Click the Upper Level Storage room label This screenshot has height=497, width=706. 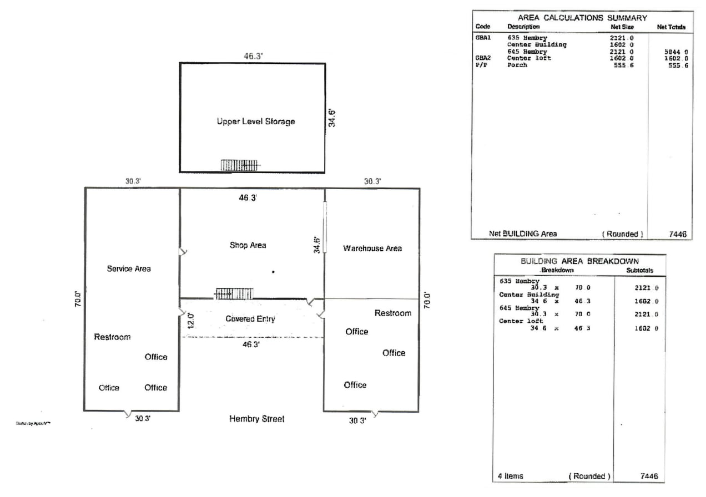pyautogui.click(x=255, y=121)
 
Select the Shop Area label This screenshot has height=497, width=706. pyautogui.click(x=248, y=245)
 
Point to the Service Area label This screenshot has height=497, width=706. pyautogui.click(x=128, y=268)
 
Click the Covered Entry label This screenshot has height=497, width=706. pyautogui.click(x=250, y=319)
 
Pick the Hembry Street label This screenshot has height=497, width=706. pyautogui.click(x=256, y=419)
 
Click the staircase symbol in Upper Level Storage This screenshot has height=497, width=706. pyautogui.click(x=239, y=165)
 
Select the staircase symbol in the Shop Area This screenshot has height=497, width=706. pyautogui.click(x=234, y=293)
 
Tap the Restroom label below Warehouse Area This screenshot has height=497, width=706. pyautogui.click(x=392, y=313)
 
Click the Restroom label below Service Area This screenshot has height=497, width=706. pyautogui.click(x=112, y=337)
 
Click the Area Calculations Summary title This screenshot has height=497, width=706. pyautogui.click(x=582, y=18)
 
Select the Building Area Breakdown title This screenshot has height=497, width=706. pyautogui.click(x=579, y=261)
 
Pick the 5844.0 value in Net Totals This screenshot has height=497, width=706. pyautogui.click(x=677, y=52)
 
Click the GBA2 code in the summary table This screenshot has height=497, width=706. pyautogui.click(x=482, y=58)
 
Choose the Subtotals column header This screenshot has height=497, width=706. pyautogui.click(x=639, y=271)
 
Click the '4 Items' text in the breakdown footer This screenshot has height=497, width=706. pyautogui.click(x=510, y=476)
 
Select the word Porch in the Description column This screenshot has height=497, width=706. pyautogui.click(x=517, y=65)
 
